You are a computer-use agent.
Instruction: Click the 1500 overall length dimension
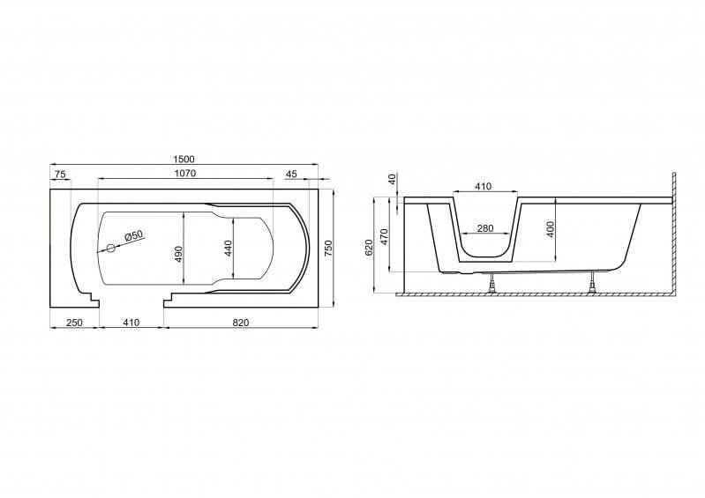[x=184, y=159]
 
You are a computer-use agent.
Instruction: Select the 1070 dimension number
[x=185, y=173]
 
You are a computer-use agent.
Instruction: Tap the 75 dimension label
[x=60, y=175]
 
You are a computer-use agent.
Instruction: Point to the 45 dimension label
[x=291, y=175]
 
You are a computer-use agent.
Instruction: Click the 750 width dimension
[x=328, y=249]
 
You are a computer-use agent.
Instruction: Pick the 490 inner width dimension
[x=178, y=254]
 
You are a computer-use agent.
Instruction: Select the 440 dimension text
[x=228, y=249]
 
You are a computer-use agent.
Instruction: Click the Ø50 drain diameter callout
[x=133, y=235]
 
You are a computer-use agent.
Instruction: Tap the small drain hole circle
[x=110, y=248]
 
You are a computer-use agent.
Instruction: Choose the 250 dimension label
[x=74, y=323]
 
